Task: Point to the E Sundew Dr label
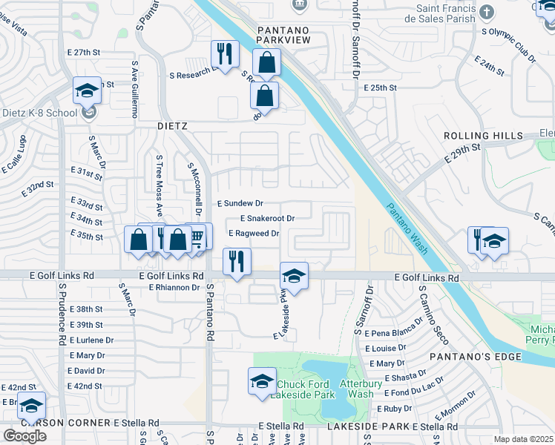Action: pos(240,202)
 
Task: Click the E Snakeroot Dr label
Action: pos(267,218)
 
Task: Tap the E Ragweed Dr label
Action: pos(253,233)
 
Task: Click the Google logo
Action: pos(24,436)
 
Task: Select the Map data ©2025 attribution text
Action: pos(523,439)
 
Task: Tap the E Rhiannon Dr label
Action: pos(176,287)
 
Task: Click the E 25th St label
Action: pos(381,88)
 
